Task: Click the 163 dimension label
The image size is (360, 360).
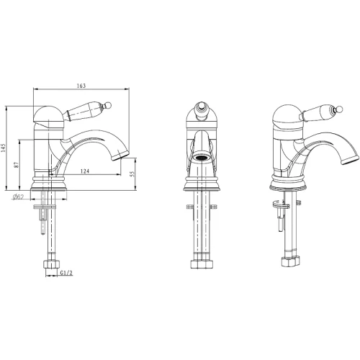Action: click(x=81, y=86)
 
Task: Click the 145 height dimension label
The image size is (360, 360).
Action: click(x=3, y=148)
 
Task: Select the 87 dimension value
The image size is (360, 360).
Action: click(x=16, y=165)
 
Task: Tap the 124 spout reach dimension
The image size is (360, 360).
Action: click(x=85, y=171)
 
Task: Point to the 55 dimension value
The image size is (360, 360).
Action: click(x=132, y=174)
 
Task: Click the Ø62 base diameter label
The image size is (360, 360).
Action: click(x=17, y=197)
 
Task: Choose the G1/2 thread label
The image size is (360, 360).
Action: click(x=66, y=273)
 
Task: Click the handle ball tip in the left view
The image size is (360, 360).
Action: click(x=108, y=105)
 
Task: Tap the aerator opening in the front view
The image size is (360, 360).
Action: click(x=201, y=158)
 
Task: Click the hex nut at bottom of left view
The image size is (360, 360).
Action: click(x=52, y=264)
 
